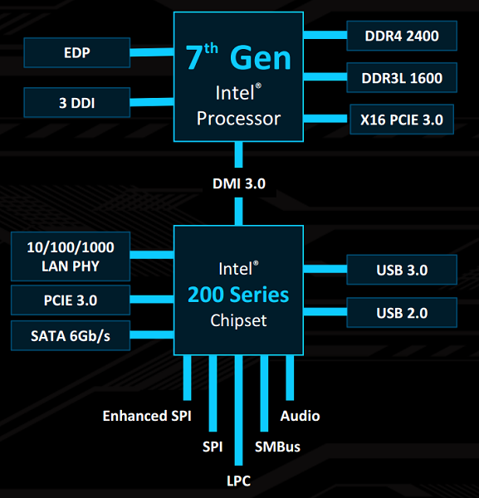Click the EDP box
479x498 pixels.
(x=77, y=52)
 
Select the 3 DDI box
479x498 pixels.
(x=77, y=103)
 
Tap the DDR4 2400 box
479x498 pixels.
(x=402, y=36)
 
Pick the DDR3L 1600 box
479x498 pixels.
(x=402, y=77)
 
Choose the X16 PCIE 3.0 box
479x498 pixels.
(x=402, y=120)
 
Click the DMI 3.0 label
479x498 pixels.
(x=239, y=183)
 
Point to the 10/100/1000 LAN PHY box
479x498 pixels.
(x=71, y=256)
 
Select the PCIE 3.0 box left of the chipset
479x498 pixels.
(x=71, y=300)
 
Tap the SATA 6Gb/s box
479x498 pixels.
(x=71, y=335)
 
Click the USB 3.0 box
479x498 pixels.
(x=402, y=270)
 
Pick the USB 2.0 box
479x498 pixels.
(x=402, y=313)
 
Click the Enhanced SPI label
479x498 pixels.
(x=147, y=416)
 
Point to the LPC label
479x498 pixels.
(x=238, y=481)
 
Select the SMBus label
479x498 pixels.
(x=277, y=447)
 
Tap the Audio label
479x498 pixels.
(x=300, y=416)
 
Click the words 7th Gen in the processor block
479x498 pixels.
(x=238, y=57)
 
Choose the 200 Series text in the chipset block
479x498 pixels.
(x=238, y=295)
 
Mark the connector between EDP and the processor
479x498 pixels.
(x=152, y=52)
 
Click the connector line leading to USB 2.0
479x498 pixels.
(x=325, y=311)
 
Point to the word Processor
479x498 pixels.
(x=238, y=119)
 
